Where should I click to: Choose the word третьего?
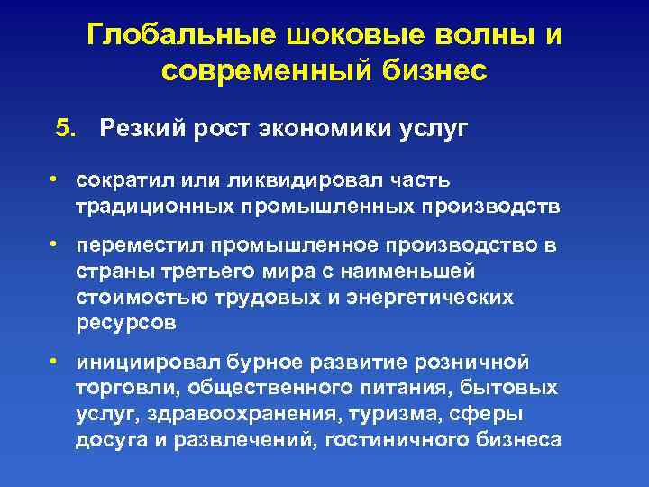pos(221,271)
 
